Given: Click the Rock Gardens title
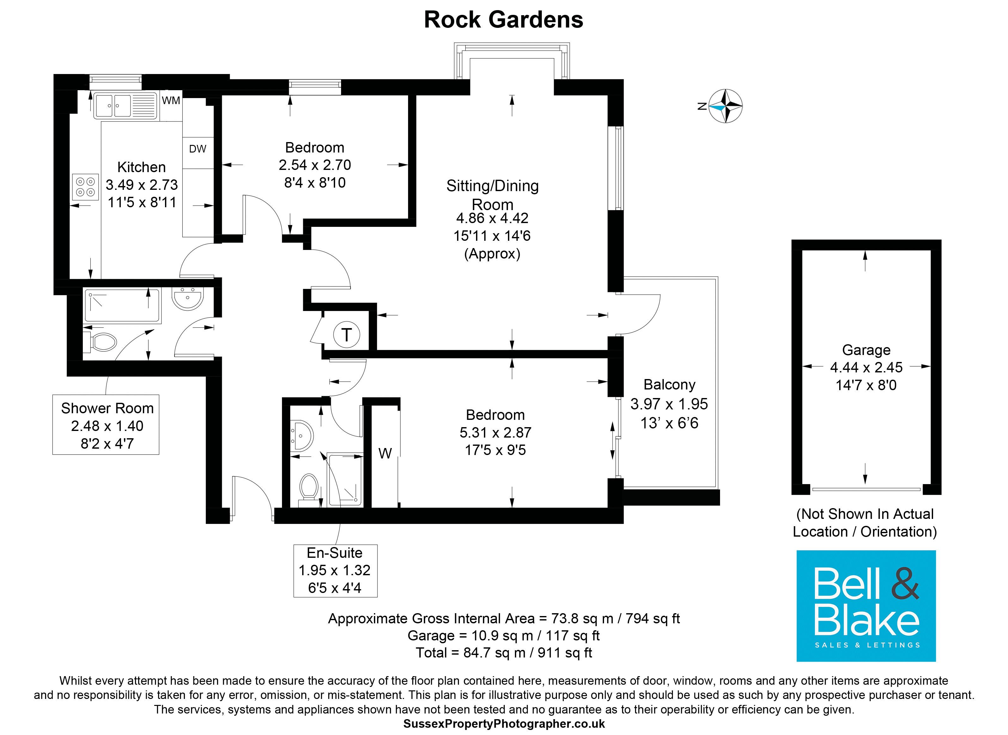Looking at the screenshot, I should (503, 20).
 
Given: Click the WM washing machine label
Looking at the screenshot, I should (171, 101).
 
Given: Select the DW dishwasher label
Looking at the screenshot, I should (198, 149).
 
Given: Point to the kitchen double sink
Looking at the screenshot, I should (125, 106).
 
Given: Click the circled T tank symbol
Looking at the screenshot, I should (346, 334).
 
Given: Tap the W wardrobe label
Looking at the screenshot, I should (385, 453).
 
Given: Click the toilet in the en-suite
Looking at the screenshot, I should (309, 489).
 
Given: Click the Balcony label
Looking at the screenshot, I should (669, 384).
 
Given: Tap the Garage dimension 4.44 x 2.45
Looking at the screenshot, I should (866, 368).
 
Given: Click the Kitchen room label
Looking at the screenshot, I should (141, 167).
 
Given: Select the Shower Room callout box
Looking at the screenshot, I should (106, 425).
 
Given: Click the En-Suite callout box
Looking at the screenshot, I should (335, 570).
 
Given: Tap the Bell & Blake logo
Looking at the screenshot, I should (866, 606).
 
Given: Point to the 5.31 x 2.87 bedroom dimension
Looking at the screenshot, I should (495, 433).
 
